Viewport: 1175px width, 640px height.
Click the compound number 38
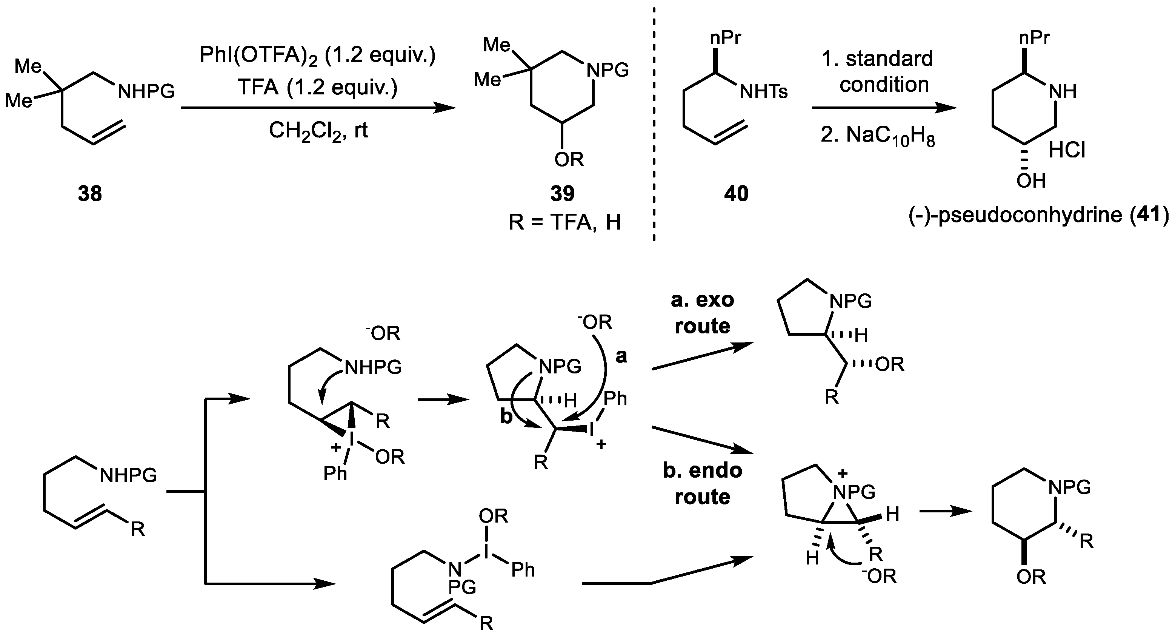(x=90, y=194)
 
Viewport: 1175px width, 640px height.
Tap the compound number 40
(x=736, y=194)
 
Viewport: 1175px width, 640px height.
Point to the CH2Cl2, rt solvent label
(x=318, y=131)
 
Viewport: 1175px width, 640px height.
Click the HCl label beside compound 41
(x=1066, y=150)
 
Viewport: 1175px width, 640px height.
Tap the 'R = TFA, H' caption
(x=564, y=223)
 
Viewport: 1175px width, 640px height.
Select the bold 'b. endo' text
(x=703, y=470)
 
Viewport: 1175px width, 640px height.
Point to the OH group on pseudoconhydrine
(x=1031, y=181)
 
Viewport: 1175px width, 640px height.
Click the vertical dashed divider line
(x=654, y=123)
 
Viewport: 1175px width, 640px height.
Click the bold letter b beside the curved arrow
(x=506, y=417)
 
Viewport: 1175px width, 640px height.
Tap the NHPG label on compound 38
(x=146, y=92)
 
